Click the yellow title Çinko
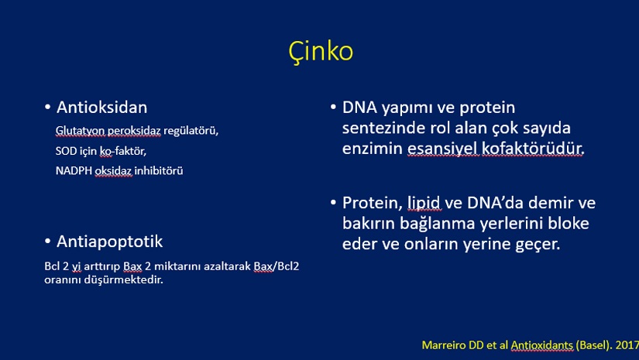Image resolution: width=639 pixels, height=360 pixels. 321,52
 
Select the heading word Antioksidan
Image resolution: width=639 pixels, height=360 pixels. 102,108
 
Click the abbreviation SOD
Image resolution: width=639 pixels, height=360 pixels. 66,151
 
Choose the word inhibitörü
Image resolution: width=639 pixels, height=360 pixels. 159,170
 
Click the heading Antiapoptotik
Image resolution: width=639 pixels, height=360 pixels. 110,242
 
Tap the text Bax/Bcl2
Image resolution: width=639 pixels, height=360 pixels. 277,266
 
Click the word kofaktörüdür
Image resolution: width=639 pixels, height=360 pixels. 533,148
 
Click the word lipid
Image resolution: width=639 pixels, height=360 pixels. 424,203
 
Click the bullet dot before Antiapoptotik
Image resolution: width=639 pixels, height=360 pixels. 48,242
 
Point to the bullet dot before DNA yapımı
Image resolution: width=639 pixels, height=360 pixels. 333,108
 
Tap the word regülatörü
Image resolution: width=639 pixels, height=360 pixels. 191,131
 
